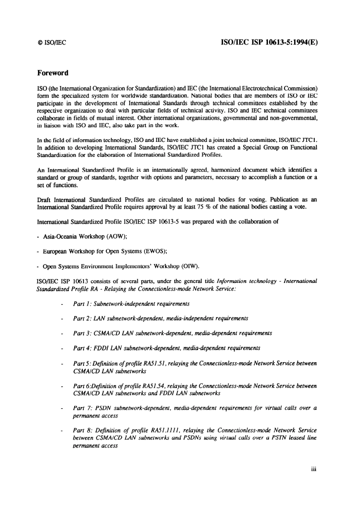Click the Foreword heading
pyautogui.click(x=53, y=73)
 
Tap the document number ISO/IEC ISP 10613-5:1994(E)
pyautogui.click(x=269, y=42)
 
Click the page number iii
pyautogui.click(x=313, y=469)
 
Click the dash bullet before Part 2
pyautogui.click(x=62, y=319)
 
